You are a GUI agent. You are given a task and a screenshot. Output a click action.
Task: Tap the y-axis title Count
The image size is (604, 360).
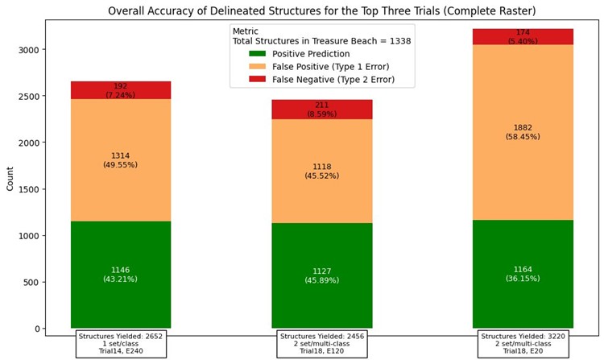(x=10, y=178)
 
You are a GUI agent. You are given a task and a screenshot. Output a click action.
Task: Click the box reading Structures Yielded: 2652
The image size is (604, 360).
(x=121, y=343)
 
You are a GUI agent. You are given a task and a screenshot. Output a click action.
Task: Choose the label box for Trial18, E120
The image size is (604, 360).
(x=322, y=343)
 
